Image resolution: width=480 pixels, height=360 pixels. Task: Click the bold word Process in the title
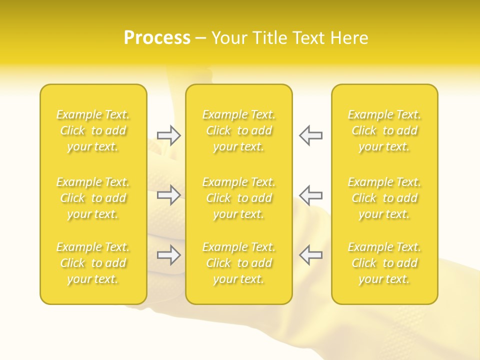pos(157,38)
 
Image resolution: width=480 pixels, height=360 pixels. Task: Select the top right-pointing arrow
pos(168,135)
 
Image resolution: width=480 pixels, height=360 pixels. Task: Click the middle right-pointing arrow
pos(168,195)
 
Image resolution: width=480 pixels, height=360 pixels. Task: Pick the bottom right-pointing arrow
pos(168,255)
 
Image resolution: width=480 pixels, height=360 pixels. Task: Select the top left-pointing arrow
pos(310,135)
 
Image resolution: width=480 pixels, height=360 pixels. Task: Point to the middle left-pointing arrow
pos(310,195)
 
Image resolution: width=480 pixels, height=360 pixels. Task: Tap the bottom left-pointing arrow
pos(310,255)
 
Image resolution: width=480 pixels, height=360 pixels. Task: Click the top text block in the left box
pos(93,130)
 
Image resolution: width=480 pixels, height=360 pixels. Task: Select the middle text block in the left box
pos(93,198)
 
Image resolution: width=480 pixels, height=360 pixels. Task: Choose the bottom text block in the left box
pos(93,263)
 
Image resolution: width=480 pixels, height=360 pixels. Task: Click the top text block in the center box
pos(239,130)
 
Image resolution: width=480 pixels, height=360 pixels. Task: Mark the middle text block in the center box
pos(239,198)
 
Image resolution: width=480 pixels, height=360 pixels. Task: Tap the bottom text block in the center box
pos(239,263)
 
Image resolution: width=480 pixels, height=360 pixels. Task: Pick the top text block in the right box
pos(384,130)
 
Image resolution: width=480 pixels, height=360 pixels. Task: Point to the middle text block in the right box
pos(384,198)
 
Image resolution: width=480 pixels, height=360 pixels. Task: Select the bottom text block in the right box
pos(384,263)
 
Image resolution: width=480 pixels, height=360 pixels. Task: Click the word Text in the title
pos(308,38)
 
